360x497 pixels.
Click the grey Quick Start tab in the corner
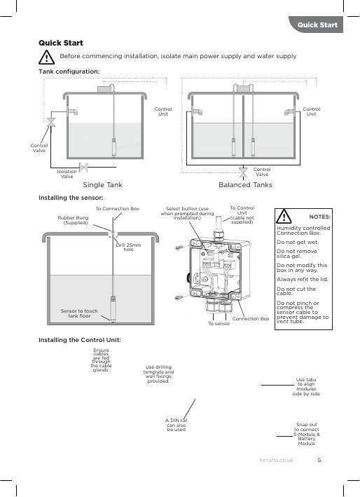point(316,25)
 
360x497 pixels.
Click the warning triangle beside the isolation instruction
point(46,57)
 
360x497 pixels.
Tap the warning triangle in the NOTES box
point(284,216)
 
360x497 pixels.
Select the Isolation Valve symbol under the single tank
point(83,168)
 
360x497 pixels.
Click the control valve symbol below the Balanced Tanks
point(243,172)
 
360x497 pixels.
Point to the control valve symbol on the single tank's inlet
point(51,123)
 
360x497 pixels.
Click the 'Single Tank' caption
point(102,185)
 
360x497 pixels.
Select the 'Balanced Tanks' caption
point(245,185)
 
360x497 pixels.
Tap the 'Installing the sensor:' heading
point(71,198)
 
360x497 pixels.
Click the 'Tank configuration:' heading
point(69,72)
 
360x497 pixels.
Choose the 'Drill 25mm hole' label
point(128,247)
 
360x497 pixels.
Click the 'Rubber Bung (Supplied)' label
point(73,220)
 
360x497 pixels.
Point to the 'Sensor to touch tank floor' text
point(79,313)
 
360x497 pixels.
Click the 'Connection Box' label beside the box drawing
point(251,318)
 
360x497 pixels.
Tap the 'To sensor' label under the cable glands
point(219,324)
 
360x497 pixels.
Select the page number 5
point(319,460)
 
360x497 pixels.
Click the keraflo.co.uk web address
point(277,460)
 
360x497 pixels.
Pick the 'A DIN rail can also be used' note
point(176,425)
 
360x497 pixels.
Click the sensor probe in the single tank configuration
point(114,148)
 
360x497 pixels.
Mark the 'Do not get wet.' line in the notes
point(298,242)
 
